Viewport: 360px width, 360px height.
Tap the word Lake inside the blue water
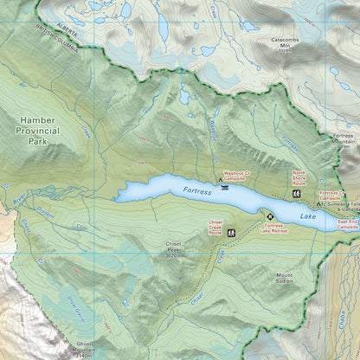[311, 217]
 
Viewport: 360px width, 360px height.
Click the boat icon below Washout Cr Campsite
[225, 186]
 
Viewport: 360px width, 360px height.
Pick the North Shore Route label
[299, 178]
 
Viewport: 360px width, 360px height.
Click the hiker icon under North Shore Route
[299, 193]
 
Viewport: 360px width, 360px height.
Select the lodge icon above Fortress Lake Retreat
[269, 215]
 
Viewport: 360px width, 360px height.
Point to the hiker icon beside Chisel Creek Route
[232, 233]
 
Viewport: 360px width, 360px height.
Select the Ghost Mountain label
[84, 349]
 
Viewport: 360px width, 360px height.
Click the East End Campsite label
[348, 223]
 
